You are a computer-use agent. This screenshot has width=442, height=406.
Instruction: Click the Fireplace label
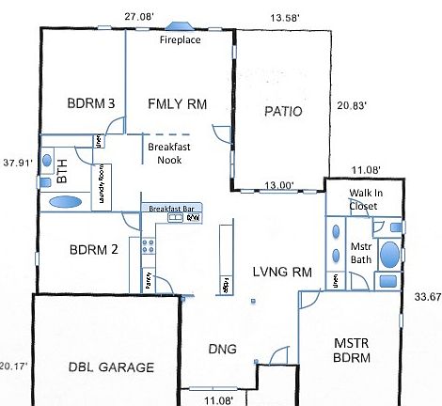pos(179,40)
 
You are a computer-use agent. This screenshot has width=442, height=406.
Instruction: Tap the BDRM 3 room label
pos(91,102)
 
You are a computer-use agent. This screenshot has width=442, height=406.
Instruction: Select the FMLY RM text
pos(178,102)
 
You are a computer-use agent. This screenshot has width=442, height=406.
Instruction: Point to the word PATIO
pos(282,111)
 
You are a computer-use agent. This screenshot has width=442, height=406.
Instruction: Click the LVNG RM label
pos(281,273)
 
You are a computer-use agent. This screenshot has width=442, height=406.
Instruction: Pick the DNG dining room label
pos(221,350)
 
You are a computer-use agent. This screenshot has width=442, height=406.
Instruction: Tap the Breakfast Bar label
pos(166,209)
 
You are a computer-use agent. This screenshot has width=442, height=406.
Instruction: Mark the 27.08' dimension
pos(139,16)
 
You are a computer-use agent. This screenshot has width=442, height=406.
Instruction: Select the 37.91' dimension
pos(18,162)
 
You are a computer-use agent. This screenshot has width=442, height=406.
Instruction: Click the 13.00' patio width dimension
pos(278,185)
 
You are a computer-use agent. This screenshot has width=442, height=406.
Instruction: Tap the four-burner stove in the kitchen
pos(147,246)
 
